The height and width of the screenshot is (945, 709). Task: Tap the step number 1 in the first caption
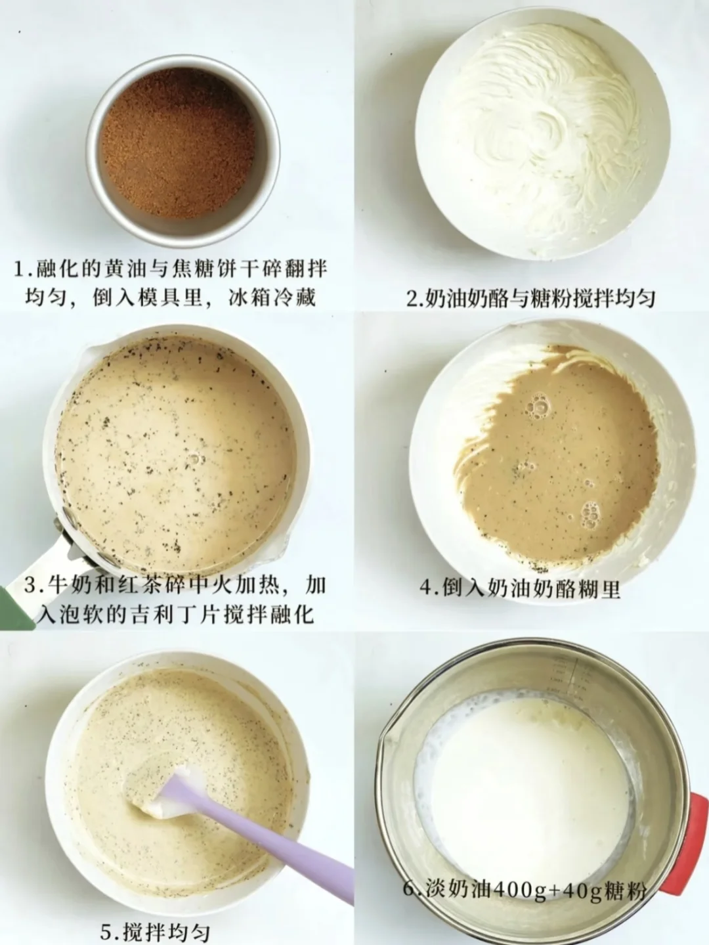point(19,269)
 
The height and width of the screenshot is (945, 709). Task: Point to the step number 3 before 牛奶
point(31,585)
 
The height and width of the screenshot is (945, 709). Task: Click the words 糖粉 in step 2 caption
point(553,298)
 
